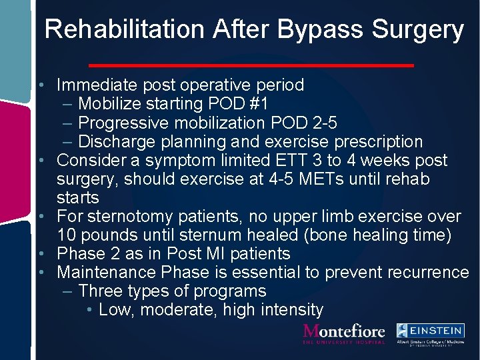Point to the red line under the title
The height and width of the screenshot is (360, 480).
251,65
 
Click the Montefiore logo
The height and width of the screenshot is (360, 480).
344,333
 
